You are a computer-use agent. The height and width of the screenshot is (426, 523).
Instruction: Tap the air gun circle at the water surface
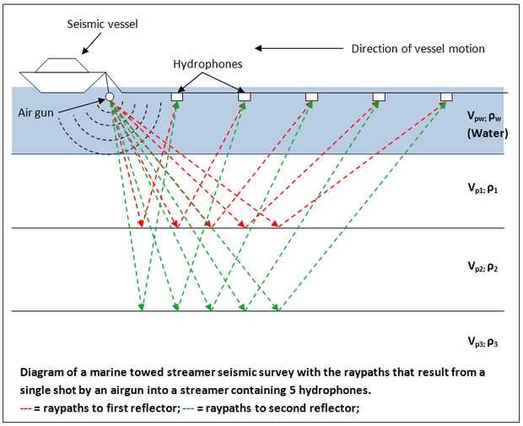pos(109,98)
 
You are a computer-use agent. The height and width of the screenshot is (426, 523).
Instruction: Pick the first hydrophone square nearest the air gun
pos(177,98)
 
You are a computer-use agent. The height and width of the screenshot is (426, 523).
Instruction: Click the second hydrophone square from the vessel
pos(244,98)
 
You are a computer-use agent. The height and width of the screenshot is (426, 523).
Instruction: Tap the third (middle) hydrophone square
pos(311,98)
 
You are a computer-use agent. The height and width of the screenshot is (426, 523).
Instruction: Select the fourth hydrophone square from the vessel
pos(379,98)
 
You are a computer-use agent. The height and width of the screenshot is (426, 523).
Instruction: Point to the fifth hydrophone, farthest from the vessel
pos(446,98)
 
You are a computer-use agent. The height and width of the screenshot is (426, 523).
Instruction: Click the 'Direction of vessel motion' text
pos(418,48)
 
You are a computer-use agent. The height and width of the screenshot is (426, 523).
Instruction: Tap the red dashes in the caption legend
pos(28,409)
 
